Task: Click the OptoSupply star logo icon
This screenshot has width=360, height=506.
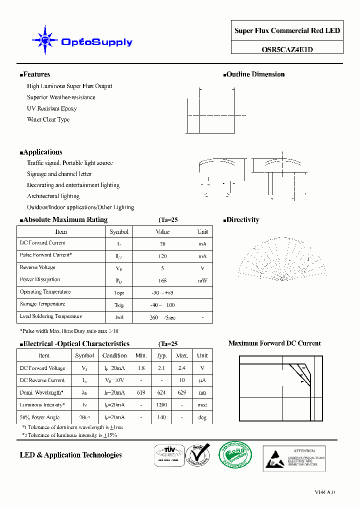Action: point(45,40)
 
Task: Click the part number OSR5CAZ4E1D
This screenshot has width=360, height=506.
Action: point(287,49)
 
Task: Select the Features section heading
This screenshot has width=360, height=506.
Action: point(36,74)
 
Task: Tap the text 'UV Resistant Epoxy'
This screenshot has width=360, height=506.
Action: point(51,108)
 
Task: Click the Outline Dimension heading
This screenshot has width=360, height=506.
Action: point(255,74)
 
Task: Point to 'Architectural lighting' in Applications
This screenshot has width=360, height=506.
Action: point(53,196)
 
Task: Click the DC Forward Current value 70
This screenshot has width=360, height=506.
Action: point(162,244)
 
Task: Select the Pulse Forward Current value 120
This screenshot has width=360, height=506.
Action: point(162,256)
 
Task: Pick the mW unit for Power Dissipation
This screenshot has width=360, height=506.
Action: point(202,280)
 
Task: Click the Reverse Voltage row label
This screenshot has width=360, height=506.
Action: point(37,267)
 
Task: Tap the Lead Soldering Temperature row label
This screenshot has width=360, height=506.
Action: point(50,316)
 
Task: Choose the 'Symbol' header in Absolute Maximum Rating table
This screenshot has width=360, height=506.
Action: point(119,232)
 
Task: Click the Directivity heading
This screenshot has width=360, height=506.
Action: point(242,220)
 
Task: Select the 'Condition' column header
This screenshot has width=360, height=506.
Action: point(114,355)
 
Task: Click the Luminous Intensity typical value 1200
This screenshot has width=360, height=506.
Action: point(162,405)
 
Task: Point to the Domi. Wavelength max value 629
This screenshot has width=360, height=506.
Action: point(182,393)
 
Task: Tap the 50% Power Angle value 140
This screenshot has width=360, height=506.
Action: point(162,417)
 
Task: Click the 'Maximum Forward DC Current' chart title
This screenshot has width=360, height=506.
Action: point(274,343)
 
